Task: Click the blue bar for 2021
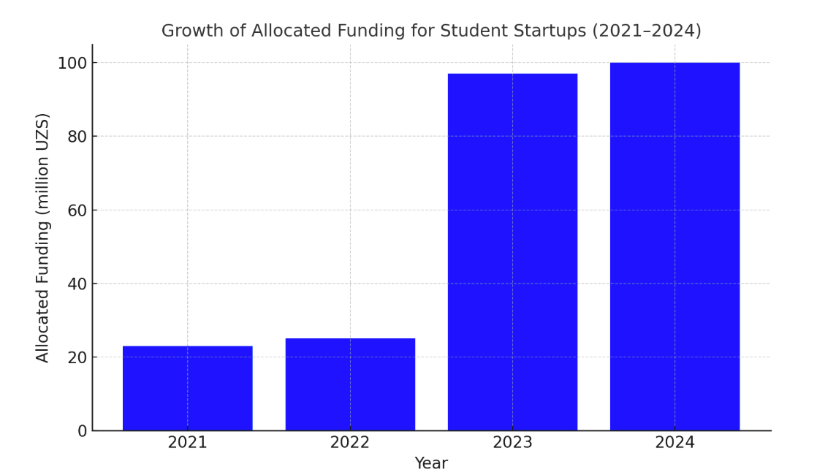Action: tap(187, 388)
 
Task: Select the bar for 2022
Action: tap(350, 384)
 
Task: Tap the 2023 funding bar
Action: tap(512, 252)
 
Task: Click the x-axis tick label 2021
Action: tap(187, 443)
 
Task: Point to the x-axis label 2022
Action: tap(350, 443)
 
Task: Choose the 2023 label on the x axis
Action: tap(512, 443)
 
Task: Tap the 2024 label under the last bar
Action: tap(674, 443)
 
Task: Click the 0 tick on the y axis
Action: tap(82, 431)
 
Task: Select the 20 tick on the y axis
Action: tap(77, 357)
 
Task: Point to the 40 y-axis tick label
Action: tap(77, 284)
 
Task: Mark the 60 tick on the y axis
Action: tap(77, 210)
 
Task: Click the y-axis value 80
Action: tap(77, 137)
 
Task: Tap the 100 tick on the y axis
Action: tap(72, 63)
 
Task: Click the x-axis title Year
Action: tap(431, 463)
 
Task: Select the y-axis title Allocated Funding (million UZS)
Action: tap(43, 237)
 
